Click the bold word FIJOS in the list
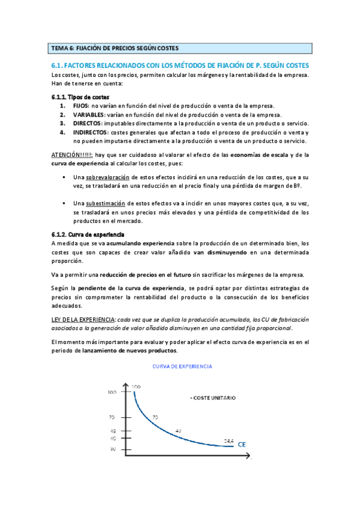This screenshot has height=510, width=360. click(82, 106)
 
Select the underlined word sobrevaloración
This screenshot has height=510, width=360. click(109, 177)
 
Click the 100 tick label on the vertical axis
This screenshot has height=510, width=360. click(111, 392)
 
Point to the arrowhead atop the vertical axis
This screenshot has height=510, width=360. click(124, 384)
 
